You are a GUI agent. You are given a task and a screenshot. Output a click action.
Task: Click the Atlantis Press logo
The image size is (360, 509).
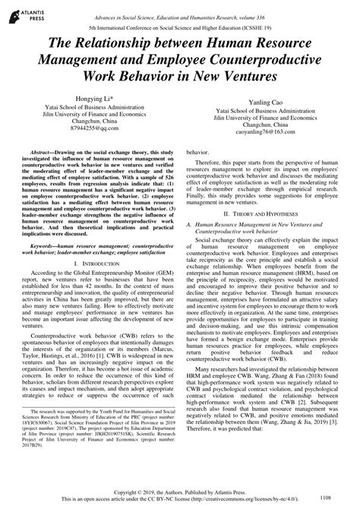[x=27, y=13]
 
